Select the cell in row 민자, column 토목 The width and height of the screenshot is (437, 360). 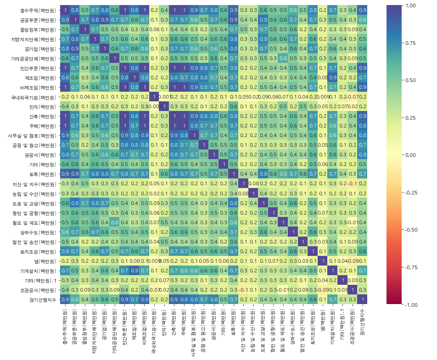coord(233,107)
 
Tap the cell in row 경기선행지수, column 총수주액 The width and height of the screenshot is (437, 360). coord(65,299)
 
